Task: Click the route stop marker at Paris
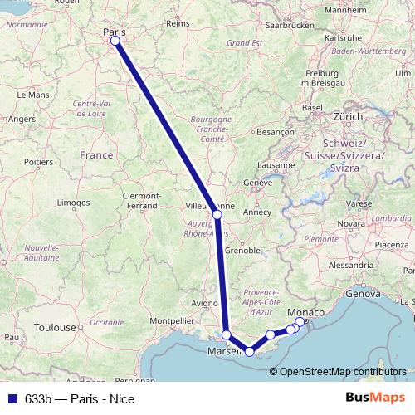[x=115, y=41]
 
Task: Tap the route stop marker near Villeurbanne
[x=217, y=215]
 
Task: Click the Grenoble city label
[x=244, y=249]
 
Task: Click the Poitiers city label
[x=39, y=161]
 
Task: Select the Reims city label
[x=178, y=24]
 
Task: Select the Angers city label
[x=22, y=119]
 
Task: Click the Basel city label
[x=312, y=109]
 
